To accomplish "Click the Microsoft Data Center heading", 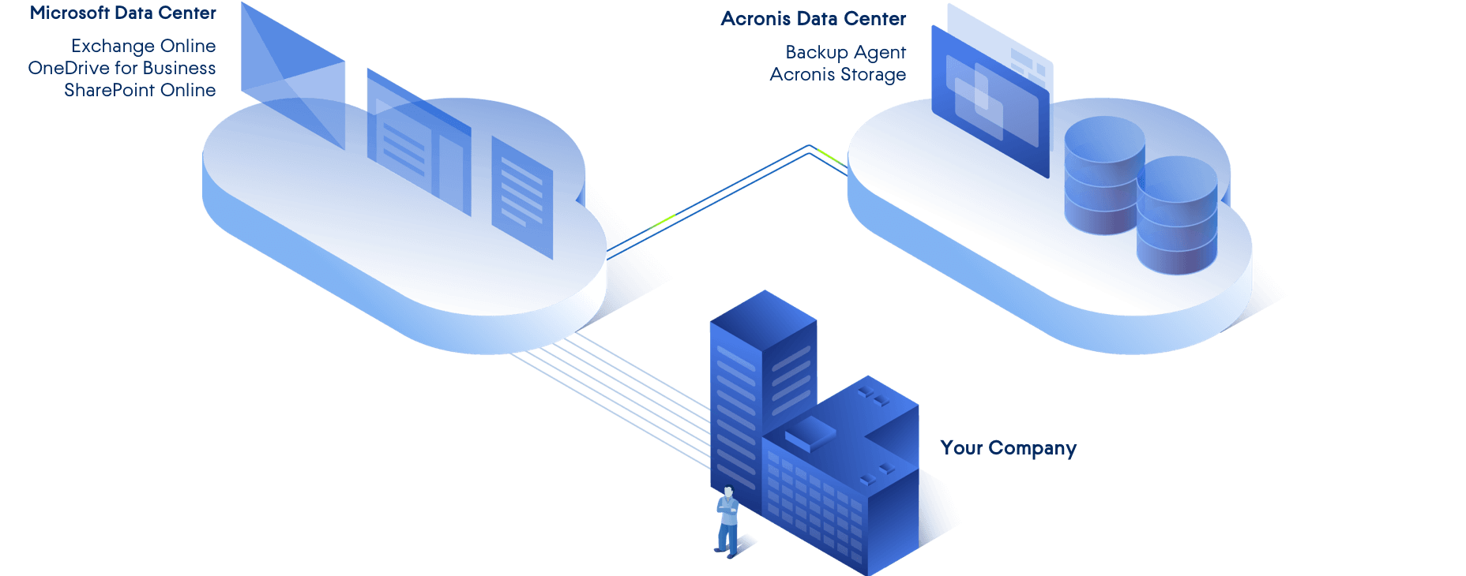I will click(x=123, y=13).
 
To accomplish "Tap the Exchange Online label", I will click(x=143, y=47).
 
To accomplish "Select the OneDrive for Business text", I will click(x=122, y=69).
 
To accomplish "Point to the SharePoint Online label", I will click(x=140, y=91).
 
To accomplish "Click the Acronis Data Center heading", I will click(x=814, y=19).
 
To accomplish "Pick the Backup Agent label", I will click(x=845, y=53).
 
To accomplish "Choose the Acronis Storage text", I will click(x=838, y=75).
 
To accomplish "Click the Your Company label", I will click(x=1008, y=448).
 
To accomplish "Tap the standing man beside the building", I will click(x=727, y=522).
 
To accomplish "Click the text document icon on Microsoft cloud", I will click(x=522, y=196).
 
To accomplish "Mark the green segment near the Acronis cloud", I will click(x=830, y=156).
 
